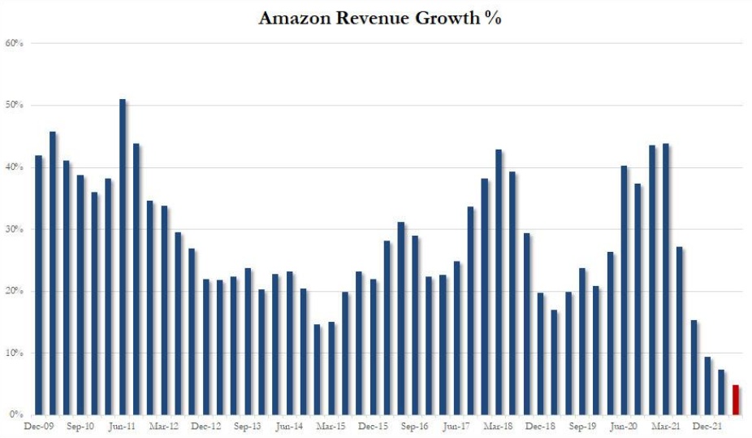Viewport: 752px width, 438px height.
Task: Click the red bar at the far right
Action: (x=736, y=400)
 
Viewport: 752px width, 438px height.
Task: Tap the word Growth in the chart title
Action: (x=439, y=18)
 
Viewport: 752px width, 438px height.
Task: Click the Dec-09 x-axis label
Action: (x=38, y=426)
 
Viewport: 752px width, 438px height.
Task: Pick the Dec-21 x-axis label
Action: (x=707, y=426)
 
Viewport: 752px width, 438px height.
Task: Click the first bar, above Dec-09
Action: (x=38, y=285)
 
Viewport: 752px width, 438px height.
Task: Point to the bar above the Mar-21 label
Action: (x=666, y=280)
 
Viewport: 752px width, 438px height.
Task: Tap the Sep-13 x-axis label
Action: (x=247, y=426)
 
